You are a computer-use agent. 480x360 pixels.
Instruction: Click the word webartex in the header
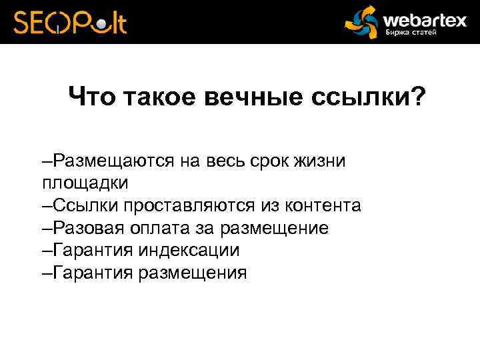[424, 19]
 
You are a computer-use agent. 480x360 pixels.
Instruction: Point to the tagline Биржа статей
[411, 33]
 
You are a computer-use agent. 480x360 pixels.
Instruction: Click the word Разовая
[91, 227]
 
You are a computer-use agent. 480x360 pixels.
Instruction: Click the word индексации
[189, 250]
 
